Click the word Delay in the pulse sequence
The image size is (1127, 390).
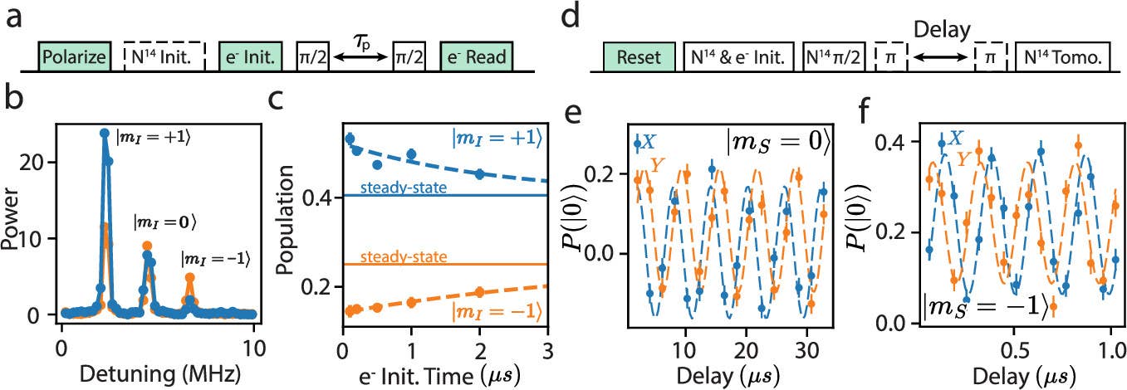pos(942,31)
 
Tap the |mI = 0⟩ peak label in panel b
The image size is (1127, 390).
pos(165,222)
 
